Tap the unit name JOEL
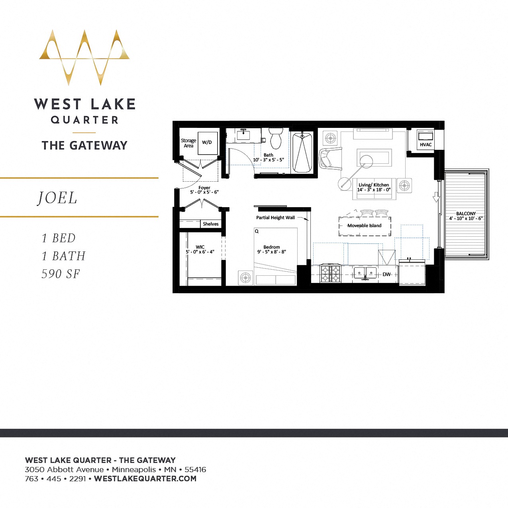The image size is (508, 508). pyautogui.click(x=57, y=198)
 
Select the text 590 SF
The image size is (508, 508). pyautogui.click(x=61, y=274)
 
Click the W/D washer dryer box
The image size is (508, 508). pyautogui.click(x=207, y=143)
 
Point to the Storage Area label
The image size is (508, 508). pyautogui.click(x=188, y=143)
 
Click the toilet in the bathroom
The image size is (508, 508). pyautogui.click(x=276, y=138)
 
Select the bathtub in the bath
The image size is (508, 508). pyautogui.click(x=302, y=152)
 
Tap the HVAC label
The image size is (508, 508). pyautogui.click(x=426, y=145)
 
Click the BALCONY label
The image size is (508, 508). pyautogui.click(x=466, y=214)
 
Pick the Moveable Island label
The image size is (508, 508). pyautogui.click(x=364, y=226)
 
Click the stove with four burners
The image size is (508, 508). pyautogui.click(x=331, y=274)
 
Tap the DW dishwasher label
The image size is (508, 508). pyautogui.click(x=386, y=274)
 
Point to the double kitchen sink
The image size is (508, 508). pyautogui.click(x=365, y=273)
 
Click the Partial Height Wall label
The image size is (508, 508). pyautogui.click(x=275, y=218)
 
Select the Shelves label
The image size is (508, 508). pyautogui.click(x=210, y=224)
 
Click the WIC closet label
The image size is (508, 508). pyautogui.click(x=200, y=247)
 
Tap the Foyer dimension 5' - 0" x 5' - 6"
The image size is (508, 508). pyautogui.click(x=204, y=192)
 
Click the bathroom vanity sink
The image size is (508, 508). pyautogui.click(x=243, y=135)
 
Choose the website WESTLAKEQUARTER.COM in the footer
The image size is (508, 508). pyautogui.click(x=145, y=479)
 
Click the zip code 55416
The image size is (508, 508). pyautogui.click(x=195, y=469)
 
